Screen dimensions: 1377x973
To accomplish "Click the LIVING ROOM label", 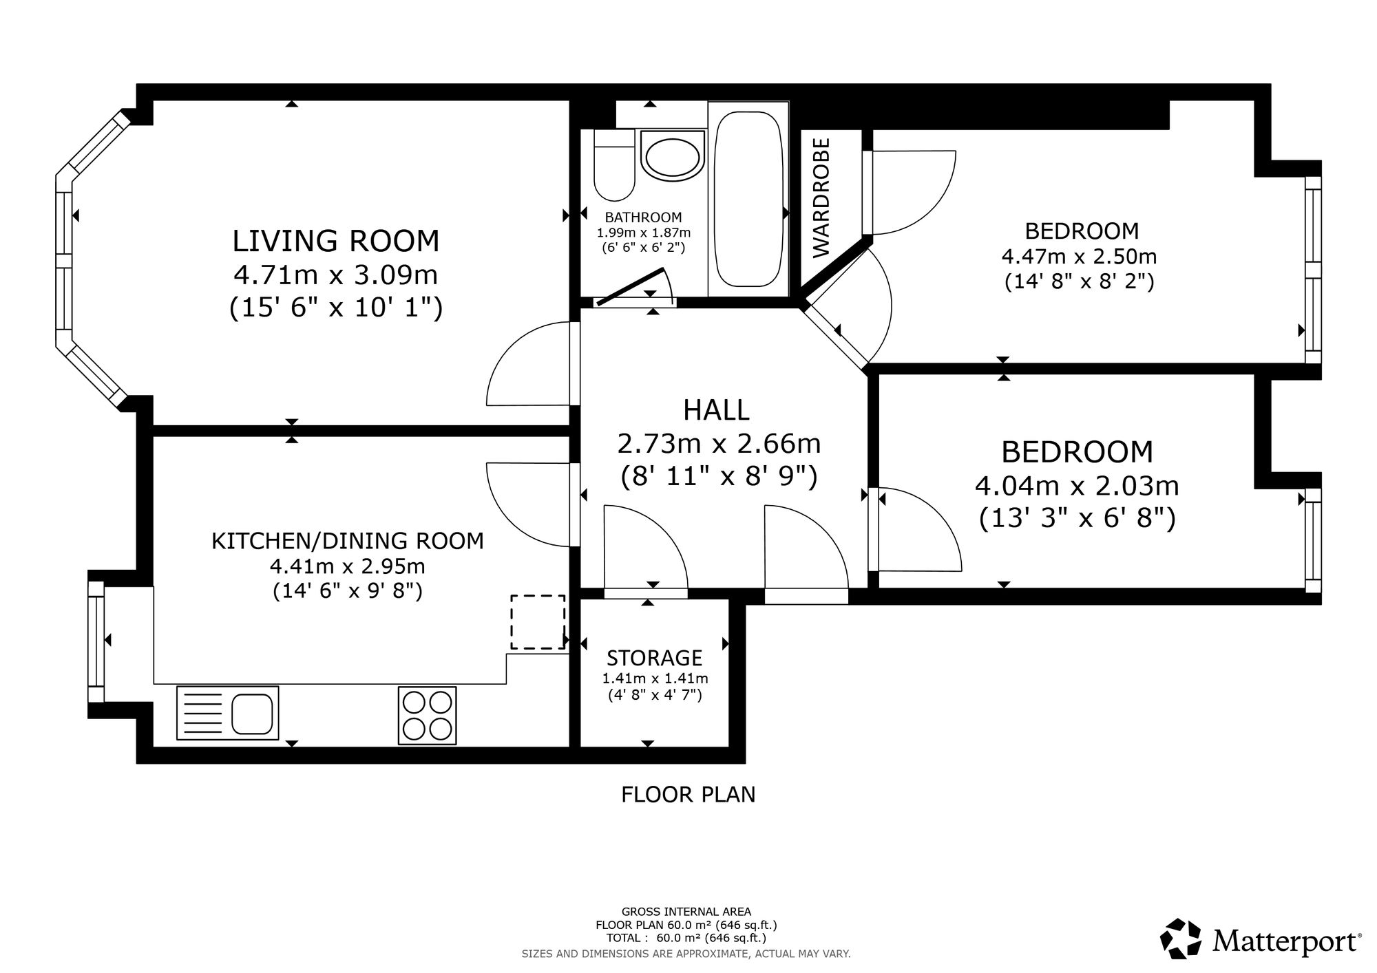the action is click(x=336, y=242).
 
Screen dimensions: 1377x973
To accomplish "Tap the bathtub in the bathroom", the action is click(x=748, y=200).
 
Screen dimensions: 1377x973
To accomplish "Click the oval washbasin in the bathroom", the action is click(x=673, y=156).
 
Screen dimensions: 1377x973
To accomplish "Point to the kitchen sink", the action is click(x=228, y=713).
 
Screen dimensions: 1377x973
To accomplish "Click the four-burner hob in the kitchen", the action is click(x=427, y=716).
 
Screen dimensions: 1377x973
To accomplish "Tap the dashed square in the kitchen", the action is click(x=538, y=622).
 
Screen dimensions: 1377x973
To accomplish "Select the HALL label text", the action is click(x=716, y=410).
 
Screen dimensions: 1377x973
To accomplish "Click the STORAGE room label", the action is click(x=654, y=658).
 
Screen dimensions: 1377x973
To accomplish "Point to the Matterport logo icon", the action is click(x=1181, y=938).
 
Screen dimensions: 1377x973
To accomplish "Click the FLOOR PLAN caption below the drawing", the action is click(x=688, y=795).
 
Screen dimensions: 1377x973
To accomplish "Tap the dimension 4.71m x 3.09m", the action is click(x=336, y=275).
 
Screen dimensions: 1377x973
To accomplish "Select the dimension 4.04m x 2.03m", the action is click(x=1077, y=486).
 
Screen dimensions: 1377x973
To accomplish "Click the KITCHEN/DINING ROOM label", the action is click(x=348, y=541).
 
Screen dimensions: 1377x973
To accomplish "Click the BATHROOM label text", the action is click(x=644, y=217).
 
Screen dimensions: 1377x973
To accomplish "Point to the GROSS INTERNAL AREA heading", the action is click(x=686, y=912).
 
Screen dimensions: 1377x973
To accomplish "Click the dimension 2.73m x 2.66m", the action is click(x=719, y=444).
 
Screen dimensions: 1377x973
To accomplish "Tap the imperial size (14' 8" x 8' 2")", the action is click(x=1079, y=281).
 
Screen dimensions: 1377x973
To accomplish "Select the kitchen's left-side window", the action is click(x=96, y=642).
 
